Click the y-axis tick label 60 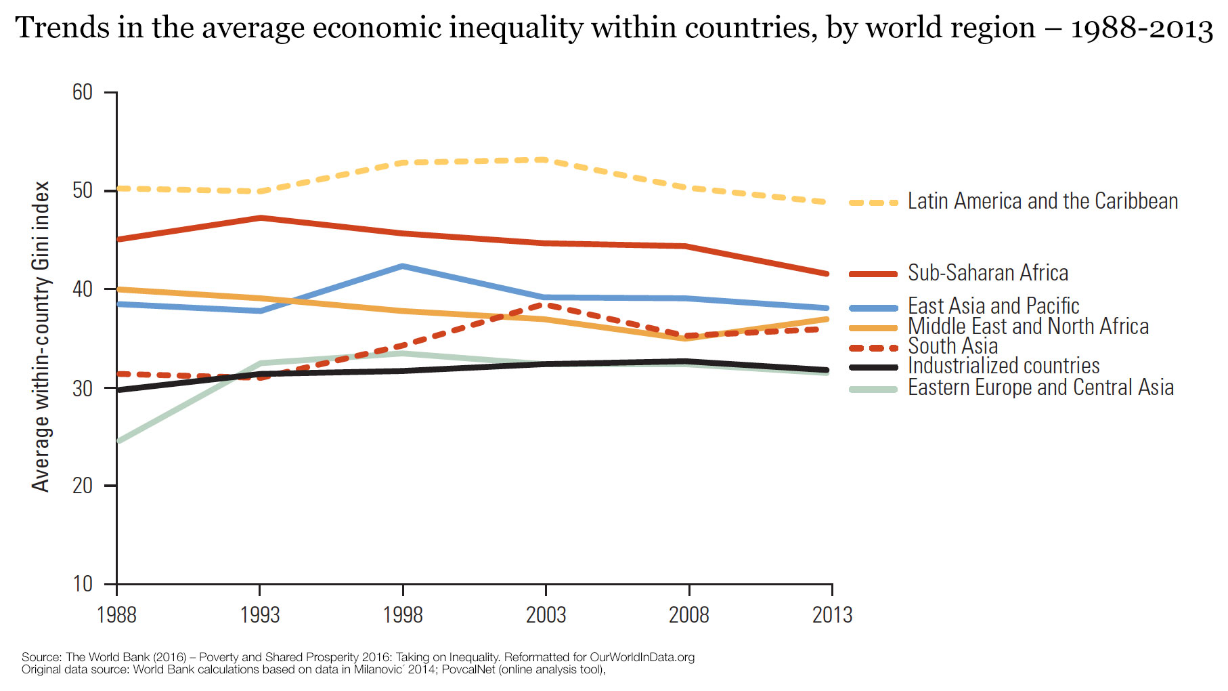pos(83,92)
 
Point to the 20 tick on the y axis pos(83,486)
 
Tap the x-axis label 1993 pos(260,615)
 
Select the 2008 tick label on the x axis pos(688,615)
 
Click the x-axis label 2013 pos(832,615)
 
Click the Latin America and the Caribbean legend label pos(1043,201)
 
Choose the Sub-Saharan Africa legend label pos(988,273)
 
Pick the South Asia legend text pos(952,346)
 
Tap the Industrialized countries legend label pos(1003,366)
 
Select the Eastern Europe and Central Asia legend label pos(1040,388)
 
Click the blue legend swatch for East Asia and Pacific pos(873,308)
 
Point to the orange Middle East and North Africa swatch pos(873,328)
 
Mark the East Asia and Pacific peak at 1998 pos(403,266)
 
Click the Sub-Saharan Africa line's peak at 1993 pos(260,217)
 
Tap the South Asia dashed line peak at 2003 pos(546,305)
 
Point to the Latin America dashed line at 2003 pos(546,160)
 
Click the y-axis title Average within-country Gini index pos(41,336)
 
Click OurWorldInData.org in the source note pos(642,657)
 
